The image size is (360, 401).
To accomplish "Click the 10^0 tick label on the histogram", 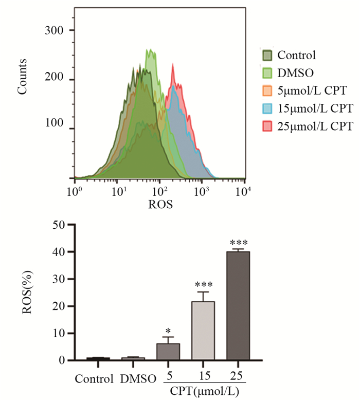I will tap(76, 193).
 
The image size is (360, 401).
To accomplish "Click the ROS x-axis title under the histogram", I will tap(160, 205).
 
